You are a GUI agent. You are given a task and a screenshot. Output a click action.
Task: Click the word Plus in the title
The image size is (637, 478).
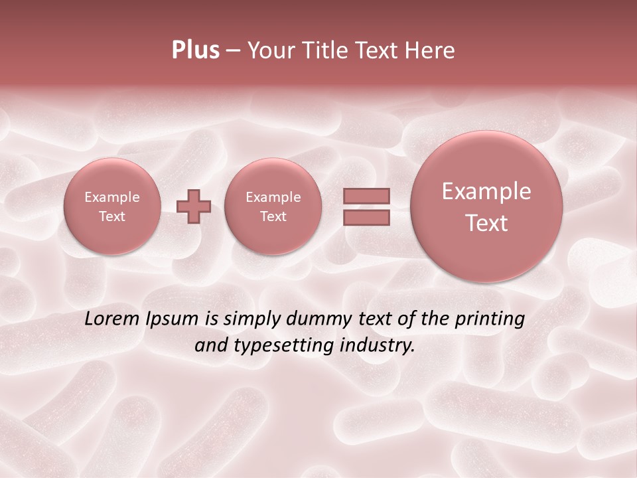point(196,50)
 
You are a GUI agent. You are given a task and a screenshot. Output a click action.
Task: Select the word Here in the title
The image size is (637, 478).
point(431,50)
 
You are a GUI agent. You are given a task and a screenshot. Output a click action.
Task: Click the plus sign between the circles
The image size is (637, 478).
point(194,206)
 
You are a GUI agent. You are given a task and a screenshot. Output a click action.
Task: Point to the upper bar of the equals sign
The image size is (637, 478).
point(366,196)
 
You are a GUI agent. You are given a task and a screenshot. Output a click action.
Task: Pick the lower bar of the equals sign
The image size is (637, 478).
point(366,217)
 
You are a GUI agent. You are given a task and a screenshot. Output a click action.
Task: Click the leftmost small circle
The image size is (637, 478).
point(111,206)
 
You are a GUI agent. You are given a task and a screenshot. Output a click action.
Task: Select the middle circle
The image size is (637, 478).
point(273,206)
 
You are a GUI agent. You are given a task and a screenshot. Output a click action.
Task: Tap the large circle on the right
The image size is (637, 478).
point(486,206)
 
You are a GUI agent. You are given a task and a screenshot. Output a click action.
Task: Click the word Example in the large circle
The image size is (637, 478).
point(486,191)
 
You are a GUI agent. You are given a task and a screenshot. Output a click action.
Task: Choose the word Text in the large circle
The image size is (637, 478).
point(486,223)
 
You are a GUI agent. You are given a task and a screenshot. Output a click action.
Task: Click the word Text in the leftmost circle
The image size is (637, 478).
point(111,216)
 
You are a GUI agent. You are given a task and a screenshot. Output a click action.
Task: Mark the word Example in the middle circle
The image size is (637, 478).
point(273,197)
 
